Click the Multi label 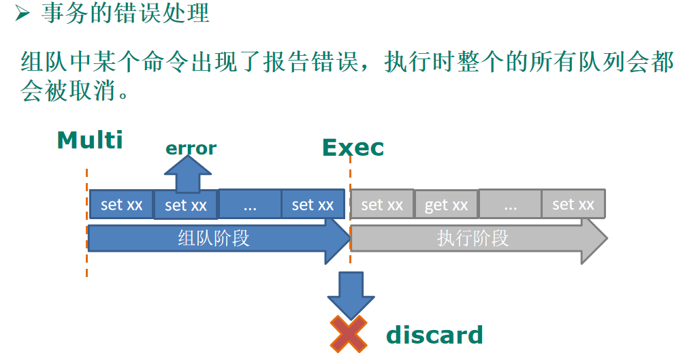(x=90, y=140)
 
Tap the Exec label (x=353, y=148)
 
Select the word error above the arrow (x=191, y=148)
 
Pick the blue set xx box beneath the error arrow (x=186, y=205)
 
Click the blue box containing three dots (x=249, y=204)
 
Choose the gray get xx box (x=446, y=205)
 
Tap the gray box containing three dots (x=510, y=204)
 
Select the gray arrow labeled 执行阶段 (x=474, y=239)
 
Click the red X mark (x=349, y=335)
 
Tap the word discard (x=434, y=335)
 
